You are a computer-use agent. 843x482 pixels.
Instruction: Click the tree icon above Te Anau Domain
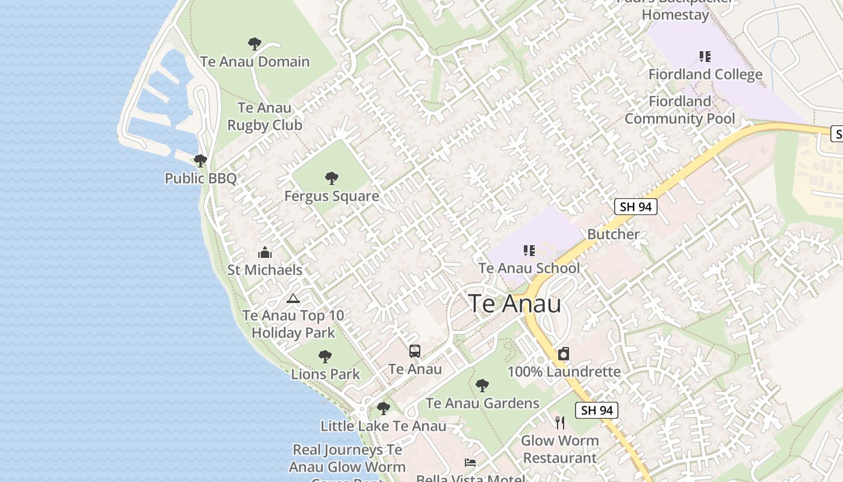coord(255,44)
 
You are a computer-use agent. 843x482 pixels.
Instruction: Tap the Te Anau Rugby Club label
coord(264,117)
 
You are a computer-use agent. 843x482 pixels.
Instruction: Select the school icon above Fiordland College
coord(705,57)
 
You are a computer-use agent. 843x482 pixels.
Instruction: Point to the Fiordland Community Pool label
coord(680,110)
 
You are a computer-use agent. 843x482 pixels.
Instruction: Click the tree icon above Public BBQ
coord(201,161)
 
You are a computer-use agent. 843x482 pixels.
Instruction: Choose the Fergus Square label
coord(332,196)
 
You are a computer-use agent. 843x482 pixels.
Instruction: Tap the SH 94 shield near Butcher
coord(635,207)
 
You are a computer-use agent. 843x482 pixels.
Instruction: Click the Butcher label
coord(613,234)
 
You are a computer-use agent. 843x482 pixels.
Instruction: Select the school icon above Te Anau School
coord(529,251)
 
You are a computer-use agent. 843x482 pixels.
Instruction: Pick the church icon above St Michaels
coord(265,252)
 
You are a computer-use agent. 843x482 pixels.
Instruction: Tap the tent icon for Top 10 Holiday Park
coord(293,298)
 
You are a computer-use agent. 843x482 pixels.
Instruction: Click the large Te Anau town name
coord(515,303)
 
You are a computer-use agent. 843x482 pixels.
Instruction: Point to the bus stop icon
coord(415,351)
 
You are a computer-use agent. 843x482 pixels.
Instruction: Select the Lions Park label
coord(325,374)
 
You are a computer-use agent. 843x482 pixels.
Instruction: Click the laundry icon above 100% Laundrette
coord(564,354)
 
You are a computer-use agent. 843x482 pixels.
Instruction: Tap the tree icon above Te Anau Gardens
coord(482,386)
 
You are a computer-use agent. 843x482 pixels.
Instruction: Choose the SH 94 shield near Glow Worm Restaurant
coord(597,410)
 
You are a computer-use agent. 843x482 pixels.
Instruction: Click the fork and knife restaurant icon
coord(560,422)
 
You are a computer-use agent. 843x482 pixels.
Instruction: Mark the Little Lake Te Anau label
coord(384,426)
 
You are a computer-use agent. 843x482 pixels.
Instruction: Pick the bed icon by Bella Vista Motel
coord(470,463)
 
